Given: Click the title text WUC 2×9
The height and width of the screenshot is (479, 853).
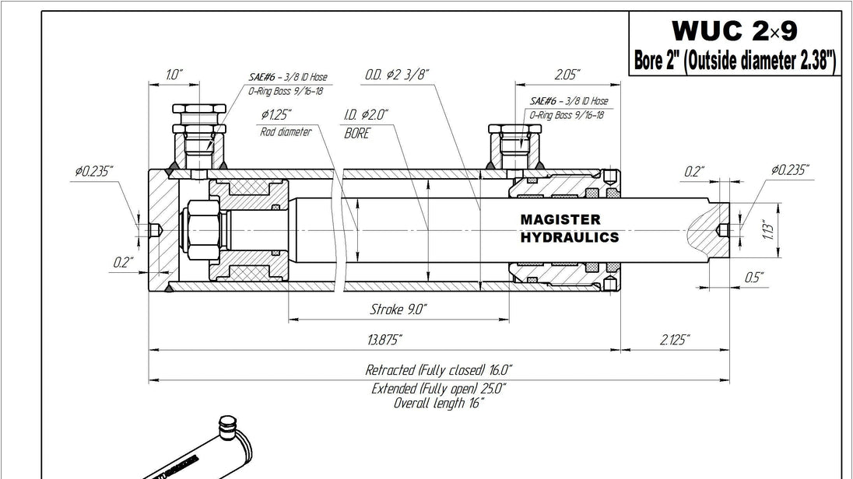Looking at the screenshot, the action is tap(735, 30).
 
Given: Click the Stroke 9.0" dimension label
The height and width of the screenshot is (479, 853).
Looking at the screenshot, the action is tap(398, 309).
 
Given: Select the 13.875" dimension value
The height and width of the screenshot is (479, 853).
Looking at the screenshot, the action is tap(384, 341).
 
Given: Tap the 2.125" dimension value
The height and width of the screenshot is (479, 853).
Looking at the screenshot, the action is tap(675, 341).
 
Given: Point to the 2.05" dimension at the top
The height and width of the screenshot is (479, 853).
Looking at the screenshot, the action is tap(567, 75).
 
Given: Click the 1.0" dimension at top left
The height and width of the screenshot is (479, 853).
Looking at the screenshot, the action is tap(174, 75).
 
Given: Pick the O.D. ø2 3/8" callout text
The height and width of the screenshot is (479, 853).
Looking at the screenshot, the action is tap(397, 75).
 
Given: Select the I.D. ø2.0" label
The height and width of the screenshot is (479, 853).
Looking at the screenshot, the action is tap(366, 115).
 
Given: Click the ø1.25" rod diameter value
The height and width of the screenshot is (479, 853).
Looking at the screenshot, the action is tap(276, 114).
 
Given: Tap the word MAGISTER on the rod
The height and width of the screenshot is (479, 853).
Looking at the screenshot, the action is tap(560, 219).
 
